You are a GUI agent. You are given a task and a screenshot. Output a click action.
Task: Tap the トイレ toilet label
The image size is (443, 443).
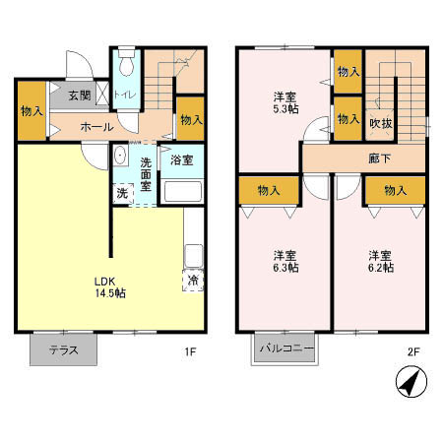pos(125,95)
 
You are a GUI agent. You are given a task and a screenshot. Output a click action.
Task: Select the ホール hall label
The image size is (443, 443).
pos(95,126)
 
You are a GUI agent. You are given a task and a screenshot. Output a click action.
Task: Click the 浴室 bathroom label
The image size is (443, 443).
pos(180,158)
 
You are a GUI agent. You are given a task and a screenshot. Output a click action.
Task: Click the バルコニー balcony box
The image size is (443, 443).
pos(285,348)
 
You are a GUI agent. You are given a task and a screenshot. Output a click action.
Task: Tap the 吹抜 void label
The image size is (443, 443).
pos(380,123)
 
